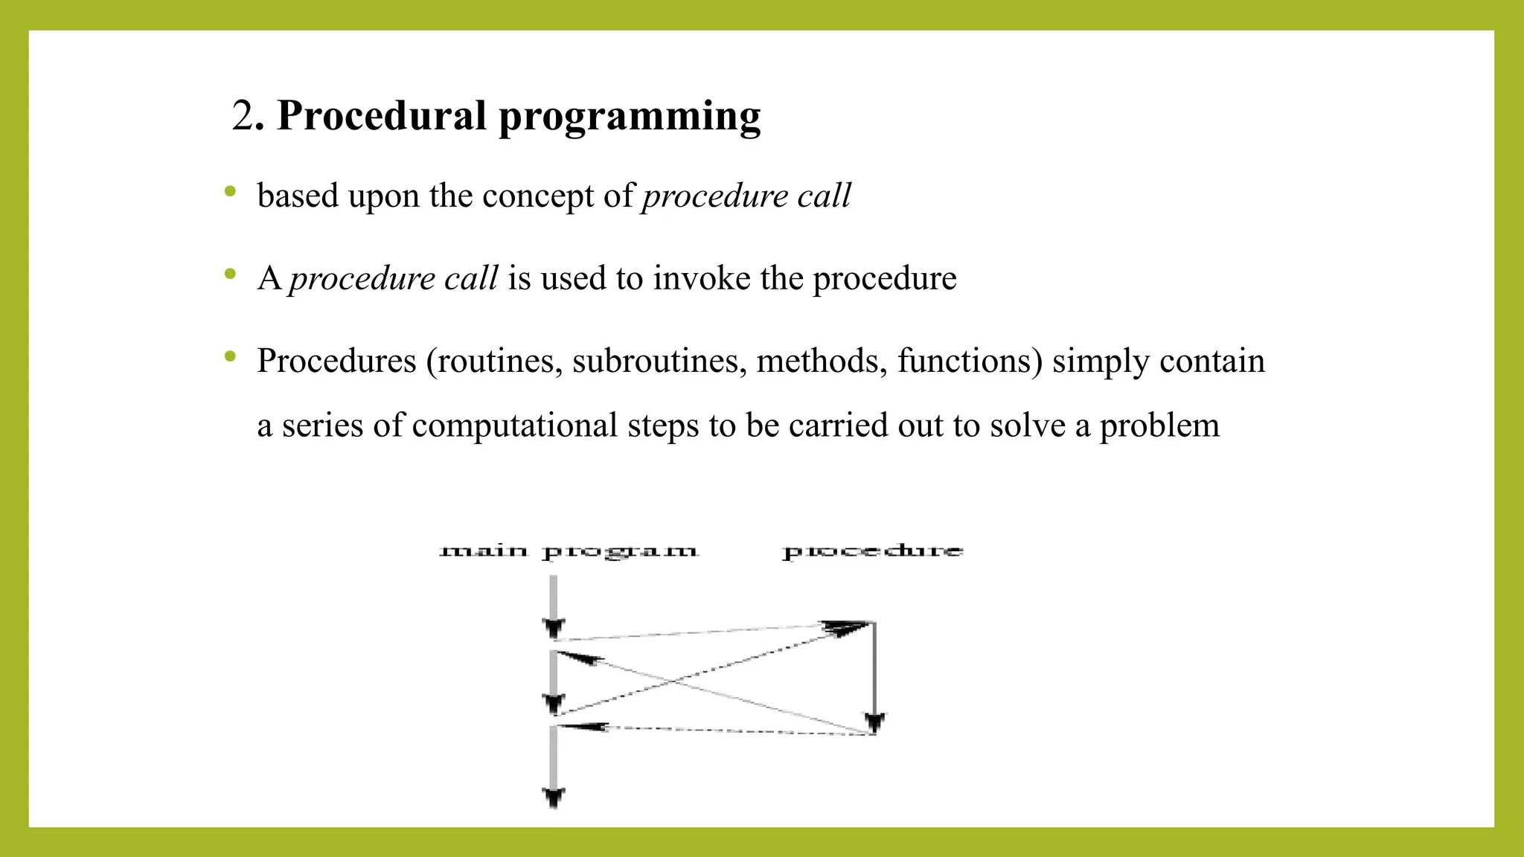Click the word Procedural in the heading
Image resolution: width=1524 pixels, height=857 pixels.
coord(381,116)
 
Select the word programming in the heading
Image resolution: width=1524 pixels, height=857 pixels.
coord(630,118)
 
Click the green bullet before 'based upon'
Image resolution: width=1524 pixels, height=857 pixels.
coord(230,192)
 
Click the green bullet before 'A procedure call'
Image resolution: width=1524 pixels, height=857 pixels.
coord(230,275)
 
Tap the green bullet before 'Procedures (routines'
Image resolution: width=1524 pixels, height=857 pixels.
coord(230,357)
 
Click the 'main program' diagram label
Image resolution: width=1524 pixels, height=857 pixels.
coord(569,552)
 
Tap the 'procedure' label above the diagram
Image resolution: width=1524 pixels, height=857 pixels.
coord(873,551)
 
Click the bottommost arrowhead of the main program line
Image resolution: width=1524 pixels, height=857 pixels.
coord(553,797)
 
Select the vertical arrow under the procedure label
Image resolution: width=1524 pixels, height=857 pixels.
coord(874,673)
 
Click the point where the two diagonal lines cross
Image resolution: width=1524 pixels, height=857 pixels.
coord(676,680)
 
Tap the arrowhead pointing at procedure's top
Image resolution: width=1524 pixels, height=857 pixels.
coord(845,627)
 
